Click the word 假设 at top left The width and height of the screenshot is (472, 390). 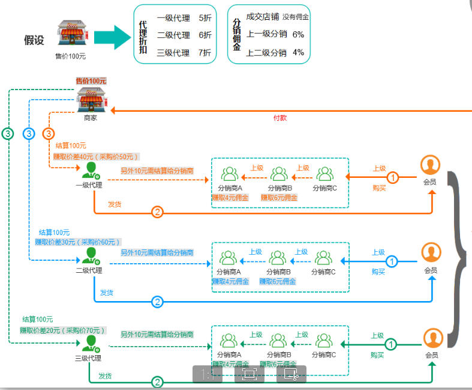coord(34,40)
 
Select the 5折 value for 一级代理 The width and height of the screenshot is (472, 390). coord(205,18)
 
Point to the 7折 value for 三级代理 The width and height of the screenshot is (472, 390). coord(205,52)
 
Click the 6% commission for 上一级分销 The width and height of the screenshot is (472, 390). coord(298,34)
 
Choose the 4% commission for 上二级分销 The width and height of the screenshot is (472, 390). coord(298,52)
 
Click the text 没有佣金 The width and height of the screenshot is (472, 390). coord(296,17)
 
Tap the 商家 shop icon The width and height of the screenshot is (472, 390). coord(91,100)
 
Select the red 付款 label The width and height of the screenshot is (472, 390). coord(280,118)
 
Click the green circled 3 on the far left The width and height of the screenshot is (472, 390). coord(8,134)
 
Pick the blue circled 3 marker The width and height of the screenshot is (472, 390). coord(29,133)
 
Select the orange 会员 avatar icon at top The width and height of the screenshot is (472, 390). coord(430,165)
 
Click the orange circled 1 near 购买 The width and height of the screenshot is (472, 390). coord(392,177)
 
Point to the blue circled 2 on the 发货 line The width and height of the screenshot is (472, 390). coord(157,302)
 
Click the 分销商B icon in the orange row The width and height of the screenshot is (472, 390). coord(279,174)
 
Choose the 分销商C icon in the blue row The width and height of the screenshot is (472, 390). coord(323,258)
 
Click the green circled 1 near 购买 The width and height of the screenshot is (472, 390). coord(390,344)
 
